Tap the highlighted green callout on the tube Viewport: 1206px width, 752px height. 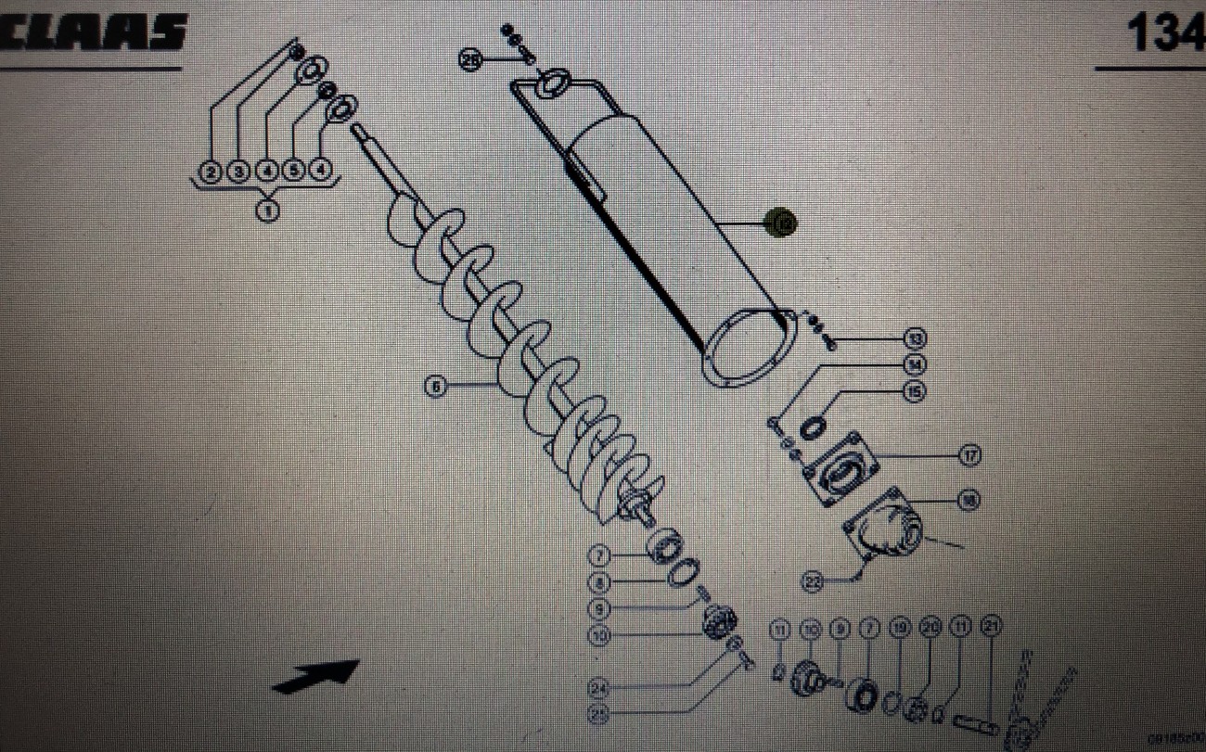(x=782, y=223)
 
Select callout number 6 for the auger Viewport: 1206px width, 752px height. (x=435, y=386)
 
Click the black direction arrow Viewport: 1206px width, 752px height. (x=315, y=674)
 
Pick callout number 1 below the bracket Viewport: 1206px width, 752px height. (x=267, y=211)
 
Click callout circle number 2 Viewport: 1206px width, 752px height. (x=211, y=172)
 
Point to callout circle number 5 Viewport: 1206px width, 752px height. (x=294, y=172)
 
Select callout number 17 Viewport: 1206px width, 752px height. (x=969, y=455)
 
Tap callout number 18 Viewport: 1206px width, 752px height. (x=969, y=501)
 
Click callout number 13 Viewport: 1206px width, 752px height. (x=916, y=338)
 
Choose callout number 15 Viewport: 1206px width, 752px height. (x=915, y=392)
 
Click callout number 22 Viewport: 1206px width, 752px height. (x=813, y=581)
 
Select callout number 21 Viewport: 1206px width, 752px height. (x=990, y=628)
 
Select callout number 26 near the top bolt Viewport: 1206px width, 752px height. (x=471, y=60)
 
